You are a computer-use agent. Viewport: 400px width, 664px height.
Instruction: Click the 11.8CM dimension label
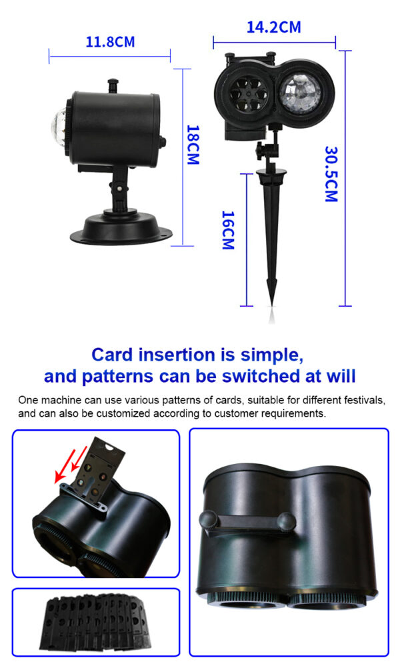(110, 42)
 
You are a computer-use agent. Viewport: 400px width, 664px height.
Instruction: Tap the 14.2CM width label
(274, 27)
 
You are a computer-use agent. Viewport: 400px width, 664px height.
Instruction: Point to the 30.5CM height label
(331, 173)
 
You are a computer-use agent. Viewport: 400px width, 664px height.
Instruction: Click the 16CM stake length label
(228, 230)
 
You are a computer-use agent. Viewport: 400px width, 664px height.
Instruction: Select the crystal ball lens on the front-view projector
(301, 93)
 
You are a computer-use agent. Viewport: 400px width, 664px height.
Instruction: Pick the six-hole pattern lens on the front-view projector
(249, 95)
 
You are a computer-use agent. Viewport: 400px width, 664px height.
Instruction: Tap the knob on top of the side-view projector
(113, 85)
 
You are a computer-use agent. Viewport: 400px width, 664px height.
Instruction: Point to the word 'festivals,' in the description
(365, 400)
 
